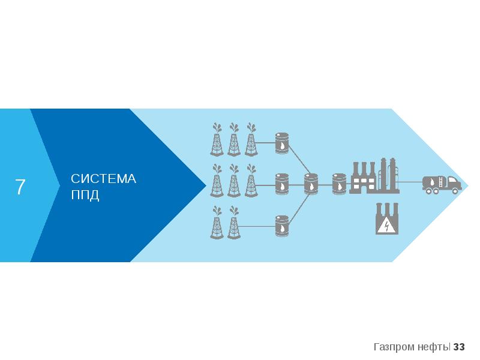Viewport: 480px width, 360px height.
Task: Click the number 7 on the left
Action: point(20,187)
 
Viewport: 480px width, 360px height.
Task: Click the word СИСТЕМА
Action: point(103,179)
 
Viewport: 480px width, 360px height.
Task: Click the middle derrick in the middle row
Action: point(233,181)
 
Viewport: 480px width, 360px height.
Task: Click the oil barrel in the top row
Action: point(281,143)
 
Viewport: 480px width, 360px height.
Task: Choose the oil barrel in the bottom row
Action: point(281,226)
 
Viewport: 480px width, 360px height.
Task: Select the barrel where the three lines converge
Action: point(311,184)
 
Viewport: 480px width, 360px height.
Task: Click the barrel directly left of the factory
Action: point(340,184)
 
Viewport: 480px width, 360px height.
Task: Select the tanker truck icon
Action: point(442,184)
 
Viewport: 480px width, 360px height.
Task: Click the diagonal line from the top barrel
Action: point(299,162)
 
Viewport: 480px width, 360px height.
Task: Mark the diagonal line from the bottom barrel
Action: point(299,207)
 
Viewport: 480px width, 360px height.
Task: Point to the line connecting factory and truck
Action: point(410,182)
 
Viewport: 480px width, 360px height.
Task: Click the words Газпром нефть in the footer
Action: point(412,347)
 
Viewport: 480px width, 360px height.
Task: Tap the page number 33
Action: point(460,347)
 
